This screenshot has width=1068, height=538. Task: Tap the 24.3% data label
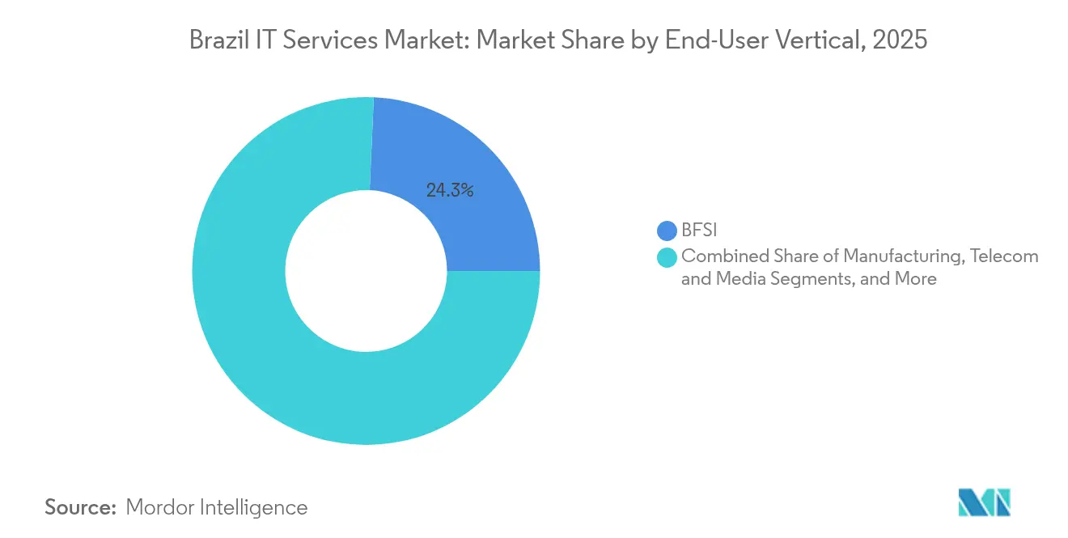(x=449, y=191)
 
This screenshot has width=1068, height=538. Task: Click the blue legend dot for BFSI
(x=667, y=231)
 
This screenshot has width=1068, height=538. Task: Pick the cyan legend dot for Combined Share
(x=667, y=257)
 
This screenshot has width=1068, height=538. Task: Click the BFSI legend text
(x=699, y=231)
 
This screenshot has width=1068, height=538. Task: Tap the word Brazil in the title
(x=214, y=40)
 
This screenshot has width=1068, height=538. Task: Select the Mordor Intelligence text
(x=217, y=507)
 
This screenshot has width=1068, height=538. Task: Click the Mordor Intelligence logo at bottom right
(x=985, y=502)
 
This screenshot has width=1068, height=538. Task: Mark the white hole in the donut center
(x=366, y=271)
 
